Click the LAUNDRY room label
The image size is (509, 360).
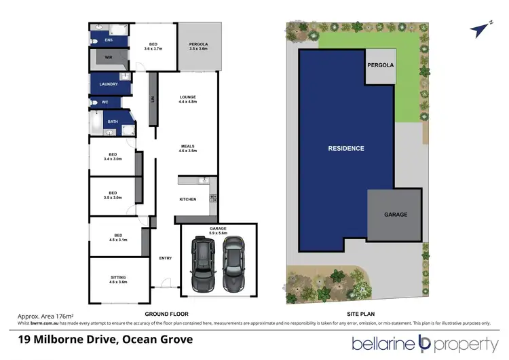pos(109,84)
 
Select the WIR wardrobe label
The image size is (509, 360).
pos(109,58)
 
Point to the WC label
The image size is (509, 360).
pos(105,103)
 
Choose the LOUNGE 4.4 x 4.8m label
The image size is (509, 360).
pos(188,100)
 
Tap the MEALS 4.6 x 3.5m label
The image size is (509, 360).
pos(188,149)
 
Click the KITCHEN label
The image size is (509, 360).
pos(188,199)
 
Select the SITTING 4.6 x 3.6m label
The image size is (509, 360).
pos(118,280)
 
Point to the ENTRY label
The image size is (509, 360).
pos(165,258)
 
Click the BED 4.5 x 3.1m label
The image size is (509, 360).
pos(118,238)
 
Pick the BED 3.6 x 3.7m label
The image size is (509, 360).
pos(153,46)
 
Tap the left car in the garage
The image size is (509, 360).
pos(203,264)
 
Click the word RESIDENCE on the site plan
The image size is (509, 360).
pos(346,148)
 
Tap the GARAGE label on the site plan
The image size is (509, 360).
pos(396,215)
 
